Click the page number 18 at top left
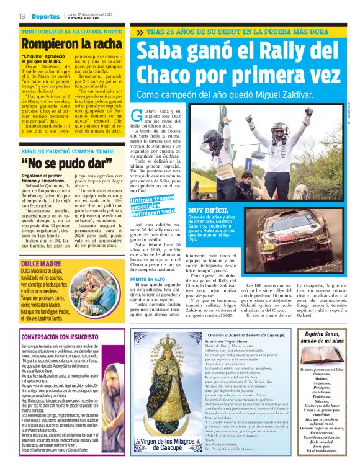tap(21, 16)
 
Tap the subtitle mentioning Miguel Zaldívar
tap(224, 95)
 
